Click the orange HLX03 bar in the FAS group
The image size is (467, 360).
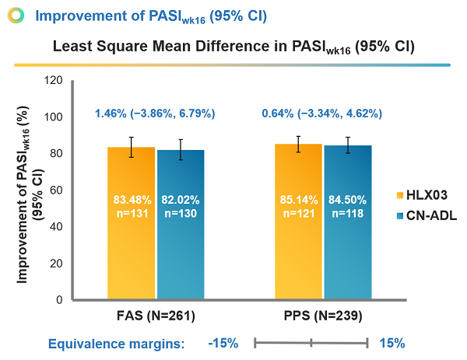(x=132, y=233)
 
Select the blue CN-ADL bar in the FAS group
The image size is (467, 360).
(x=181, y=233)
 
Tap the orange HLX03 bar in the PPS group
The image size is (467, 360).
(x=299, y=233)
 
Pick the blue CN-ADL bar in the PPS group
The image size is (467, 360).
(x=348, y=233)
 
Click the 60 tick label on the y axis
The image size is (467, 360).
(x=54, y=190)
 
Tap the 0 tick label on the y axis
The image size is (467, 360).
(x=58, y=300)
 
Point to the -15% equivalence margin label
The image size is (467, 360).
(x=223, y=343)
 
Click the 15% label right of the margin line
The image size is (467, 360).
(x=392, y=343)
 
